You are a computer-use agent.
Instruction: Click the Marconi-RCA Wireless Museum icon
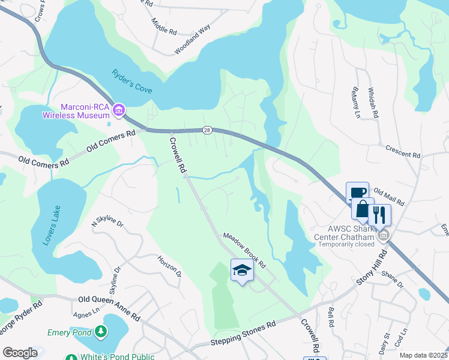(119, 109)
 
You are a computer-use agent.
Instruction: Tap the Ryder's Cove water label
(132, 81)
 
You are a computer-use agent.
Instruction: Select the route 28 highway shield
(207, 130)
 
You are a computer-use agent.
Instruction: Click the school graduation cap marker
(241, 271)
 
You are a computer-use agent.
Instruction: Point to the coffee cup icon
(357, 193)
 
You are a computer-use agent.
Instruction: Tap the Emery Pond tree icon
(102, 331)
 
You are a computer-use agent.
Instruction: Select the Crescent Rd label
(403, 151)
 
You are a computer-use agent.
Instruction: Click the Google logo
(20, 353)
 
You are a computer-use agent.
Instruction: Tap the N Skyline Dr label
(107, 223)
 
